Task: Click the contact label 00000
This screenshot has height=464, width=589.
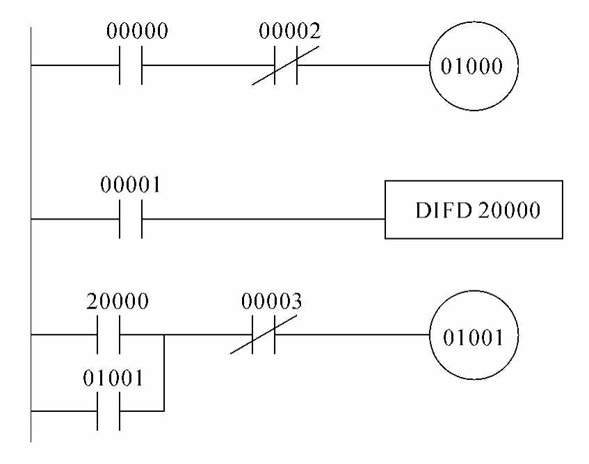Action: tap(138, 31)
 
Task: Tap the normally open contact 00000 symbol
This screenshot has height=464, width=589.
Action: tap(131, 67)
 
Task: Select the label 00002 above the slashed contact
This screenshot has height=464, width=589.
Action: tap(290, 31)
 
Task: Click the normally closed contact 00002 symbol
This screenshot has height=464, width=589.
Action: tap(286, 67)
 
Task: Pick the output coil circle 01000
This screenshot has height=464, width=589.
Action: tap(475, 67)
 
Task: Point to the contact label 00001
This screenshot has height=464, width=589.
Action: tap(131, 186)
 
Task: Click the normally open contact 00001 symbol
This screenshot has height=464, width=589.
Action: tap(131, 219)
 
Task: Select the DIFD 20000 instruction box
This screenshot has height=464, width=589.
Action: tap(474, 210)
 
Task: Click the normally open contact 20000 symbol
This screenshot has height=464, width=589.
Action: tap(109, 335)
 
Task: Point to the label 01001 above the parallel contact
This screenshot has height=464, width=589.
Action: tap(113, 379)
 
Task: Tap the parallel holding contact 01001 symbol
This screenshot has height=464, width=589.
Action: tap(109, 411)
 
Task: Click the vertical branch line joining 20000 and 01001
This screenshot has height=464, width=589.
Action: tap(164, 373)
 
